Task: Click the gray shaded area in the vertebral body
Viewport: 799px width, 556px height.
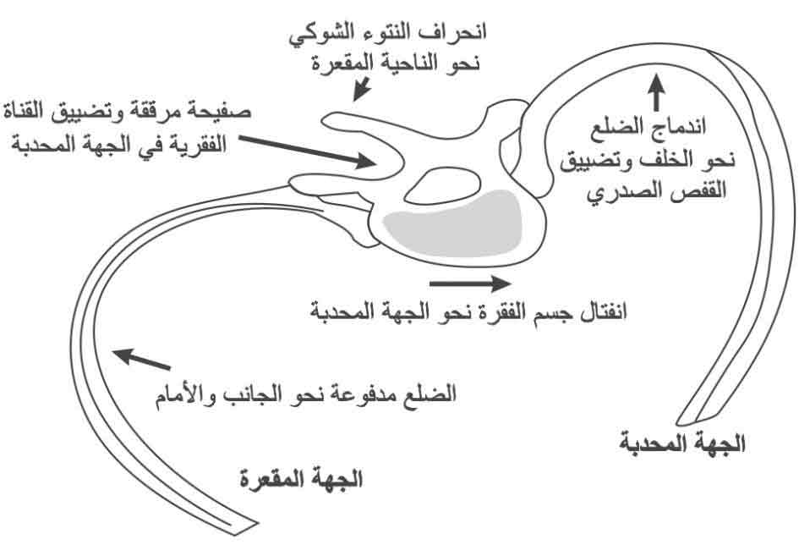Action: [453, 222]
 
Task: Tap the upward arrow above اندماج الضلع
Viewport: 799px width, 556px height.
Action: [657, 91]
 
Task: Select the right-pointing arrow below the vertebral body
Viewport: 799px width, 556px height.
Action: [470, 284]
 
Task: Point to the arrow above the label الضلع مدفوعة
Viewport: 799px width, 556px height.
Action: [141, 359]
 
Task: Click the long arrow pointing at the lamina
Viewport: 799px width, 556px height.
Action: [308, 151]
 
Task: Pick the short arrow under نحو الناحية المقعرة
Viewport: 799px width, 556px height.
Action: [362, 88]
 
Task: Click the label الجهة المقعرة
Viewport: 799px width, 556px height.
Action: [301, 480]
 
